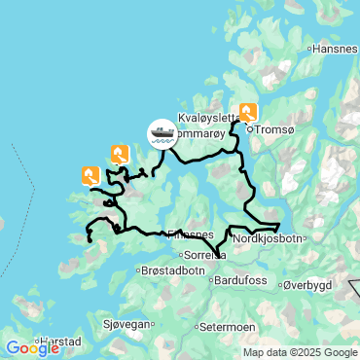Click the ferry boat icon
pos(162,133)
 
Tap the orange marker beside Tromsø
pos(248,113)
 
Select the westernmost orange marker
pos(90,175)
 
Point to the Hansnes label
pos(338,48)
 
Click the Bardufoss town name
pos(238,281)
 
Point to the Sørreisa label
pos(205,257)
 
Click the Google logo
pos(33,347)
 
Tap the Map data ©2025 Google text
pos(300,352)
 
